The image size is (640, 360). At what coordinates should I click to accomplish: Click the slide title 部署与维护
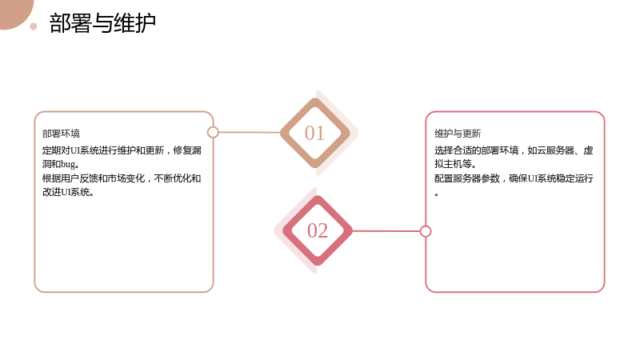102,23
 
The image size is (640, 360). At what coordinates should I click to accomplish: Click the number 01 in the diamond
314,133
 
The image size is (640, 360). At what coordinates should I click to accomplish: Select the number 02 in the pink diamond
318,230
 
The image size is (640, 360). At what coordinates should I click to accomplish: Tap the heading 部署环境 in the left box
62,134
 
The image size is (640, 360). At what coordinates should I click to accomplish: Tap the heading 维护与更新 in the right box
458,134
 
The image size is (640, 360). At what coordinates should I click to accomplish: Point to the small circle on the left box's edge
213,132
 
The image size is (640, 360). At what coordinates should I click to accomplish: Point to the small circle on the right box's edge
426,231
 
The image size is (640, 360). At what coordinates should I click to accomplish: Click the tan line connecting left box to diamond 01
250,132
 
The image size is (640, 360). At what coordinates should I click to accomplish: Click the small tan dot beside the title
34,26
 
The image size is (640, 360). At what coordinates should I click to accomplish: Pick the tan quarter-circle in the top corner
14,12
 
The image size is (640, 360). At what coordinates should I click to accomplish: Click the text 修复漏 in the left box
187,150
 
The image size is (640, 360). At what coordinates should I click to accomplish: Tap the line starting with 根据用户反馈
122,178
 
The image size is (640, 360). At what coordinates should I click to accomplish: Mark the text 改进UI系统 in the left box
66,192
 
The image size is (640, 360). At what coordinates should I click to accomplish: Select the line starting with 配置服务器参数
514,178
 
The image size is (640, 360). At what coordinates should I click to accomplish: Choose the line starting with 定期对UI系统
122,150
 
